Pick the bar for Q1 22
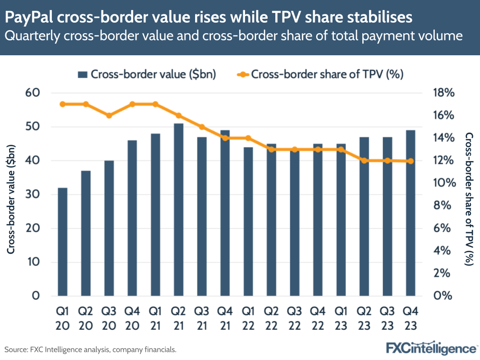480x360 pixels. tap(248, 221)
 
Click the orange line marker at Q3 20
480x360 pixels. tap(109, 115)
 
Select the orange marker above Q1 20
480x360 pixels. tap(62, 104)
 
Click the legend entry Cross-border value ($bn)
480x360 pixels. tap(147, 74)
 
